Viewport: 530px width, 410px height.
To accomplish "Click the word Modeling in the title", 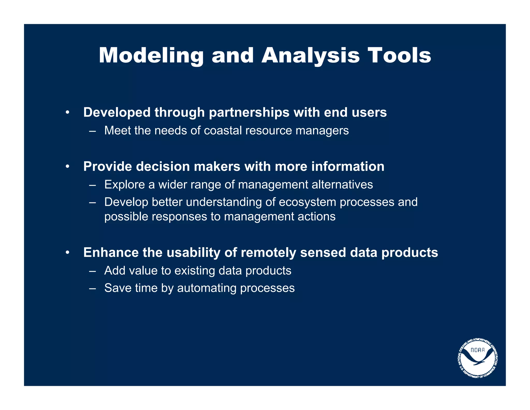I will (x=151, y=56).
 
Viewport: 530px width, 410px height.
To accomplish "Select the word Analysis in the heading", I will (x=310, y=56).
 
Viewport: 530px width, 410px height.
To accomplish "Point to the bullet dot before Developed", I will (x=67, y=113).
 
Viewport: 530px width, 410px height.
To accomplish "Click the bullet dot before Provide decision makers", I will (x=67, y=167).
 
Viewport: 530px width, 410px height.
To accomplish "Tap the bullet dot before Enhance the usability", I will (x=67, y=253).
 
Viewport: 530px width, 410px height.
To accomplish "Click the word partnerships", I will (x=249, y=113).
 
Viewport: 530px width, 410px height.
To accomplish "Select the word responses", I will (x=179, y=217).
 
